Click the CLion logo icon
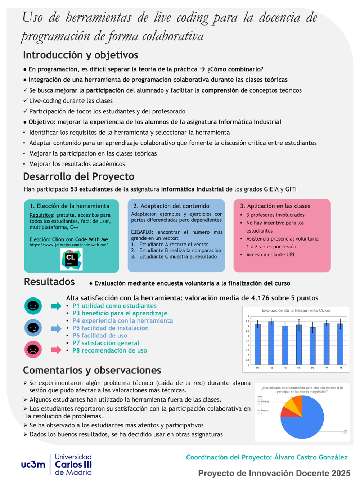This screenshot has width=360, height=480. (x=71, y=260)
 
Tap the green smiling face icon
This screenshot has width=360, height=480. (x=33, y=306)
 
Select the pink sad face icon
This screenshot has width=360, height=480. (x=33, y=349)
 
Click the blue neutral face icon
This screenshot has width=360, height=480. (x=33, y=328)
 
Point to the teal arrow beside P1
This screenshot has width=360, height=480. (x=56, y=306)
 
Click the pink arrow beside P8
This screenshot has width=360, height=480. (x=56, y=350)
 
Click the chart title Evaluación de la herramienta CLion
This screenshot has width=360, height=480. (x=296, y=310)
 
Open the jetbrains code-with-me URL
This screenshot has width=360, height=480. (x=68, y=245)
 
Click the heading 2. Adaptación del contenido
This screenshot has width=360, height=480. (x=171, y=206)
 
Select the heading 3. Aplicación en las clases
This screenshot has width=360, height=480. (x=275, y=206)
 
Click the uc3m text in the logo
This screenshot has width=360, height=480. (x=33, y=465)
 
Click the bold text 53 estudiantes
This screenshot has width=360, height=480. (x=91, y=189)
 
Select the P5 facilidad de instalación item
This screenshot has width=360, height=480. (x=110, y=328)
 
